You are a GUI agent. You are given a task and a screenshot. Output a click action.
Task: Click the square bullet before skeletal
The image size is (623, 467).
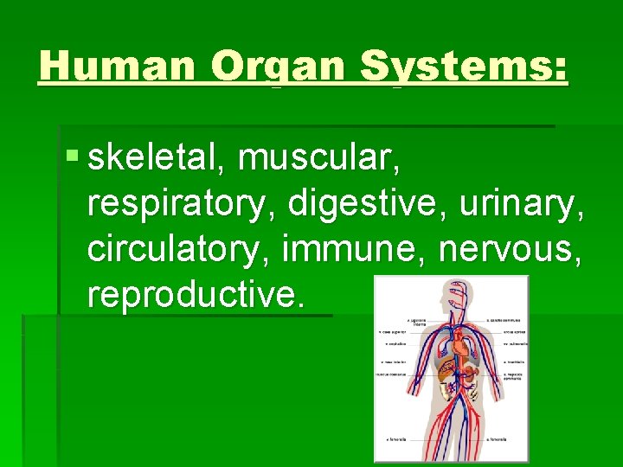(71, 157)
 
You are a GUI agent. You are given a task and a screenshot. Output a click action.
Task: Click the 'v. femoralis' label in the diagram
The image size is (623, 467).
(395, 439)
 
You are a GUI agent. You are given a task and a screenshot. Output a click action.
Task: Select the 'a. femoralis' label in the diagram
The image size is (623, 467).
(497, 439)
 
